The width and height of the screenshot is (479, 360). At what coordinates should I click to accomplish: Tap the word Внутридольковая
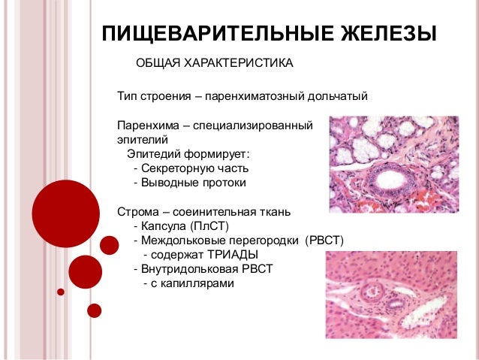pyautogui.click(x=181, y=268)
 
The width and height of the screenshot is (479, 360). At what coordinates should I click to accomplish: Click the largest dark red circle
pyautogui.click(x=66, y=213)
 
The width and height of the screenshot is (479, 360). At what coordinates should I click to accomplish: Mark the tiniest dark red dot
pyautogui.click(x=61, y=292)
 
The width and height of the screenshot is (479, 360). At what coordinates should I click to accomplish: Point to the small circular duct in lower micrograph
pyautogui.click(x=370, y=290)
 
